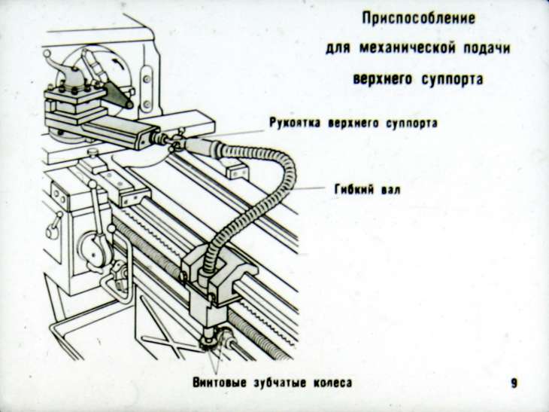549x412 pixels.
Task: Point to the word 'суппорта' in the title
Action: tap(450, 78)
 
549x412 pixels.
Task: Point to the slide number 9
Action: tap(514, 383)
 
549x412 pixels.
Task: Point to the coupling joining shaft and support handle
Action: tap(173, 140)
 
